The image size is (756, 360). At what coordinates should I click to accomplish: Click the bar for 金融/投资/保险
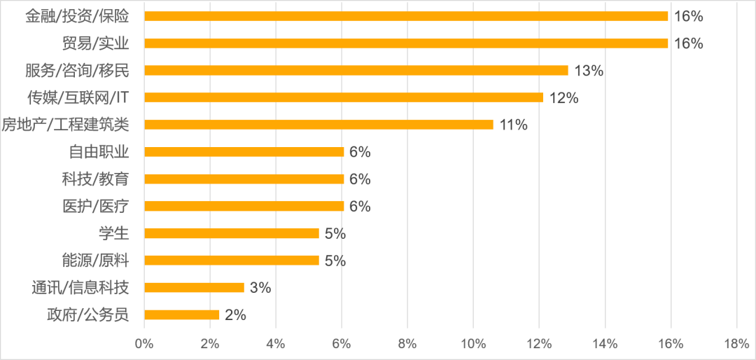coord(406,16)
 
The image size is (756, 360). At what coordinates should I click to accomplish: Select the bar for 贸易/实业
coord(406,43)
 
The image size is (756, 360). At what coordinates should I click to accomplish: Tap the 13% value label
coord(589,71)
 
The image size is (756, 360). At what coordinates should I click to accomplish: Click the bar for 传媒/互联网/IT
coord(343,97)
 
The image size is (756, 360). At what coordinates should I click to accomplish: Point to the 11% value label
coord(513,125)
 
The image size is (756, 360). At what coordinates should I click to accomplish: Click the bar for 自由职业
coord(244,152)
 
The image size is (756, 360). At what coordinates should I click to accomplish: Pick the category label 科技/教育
coord(95,179)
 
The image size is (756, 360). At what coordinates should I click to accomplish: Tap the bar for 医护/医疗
coord(244,206)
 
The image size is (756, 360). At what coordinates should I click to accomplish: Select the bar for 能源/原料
coord(231,261)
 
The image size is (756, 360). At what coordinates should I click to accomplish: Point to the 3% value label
coord(261,288)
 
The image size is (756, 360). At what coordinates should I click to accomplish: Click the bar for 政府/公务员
coord(181,315)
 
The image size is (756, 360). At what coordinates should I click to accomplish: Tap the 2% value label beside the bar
coord(236,315)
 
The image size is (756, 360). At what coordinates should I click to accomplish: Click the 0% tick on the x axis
coord(143,344)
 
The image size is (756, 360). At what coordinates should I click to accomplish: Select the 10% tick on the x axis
coord(473,344)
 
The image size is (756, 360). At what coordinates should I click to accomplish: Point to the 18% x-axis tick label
coord(736,344)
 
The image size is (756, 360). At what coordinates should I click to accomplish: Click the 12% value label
coord(563,98)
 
